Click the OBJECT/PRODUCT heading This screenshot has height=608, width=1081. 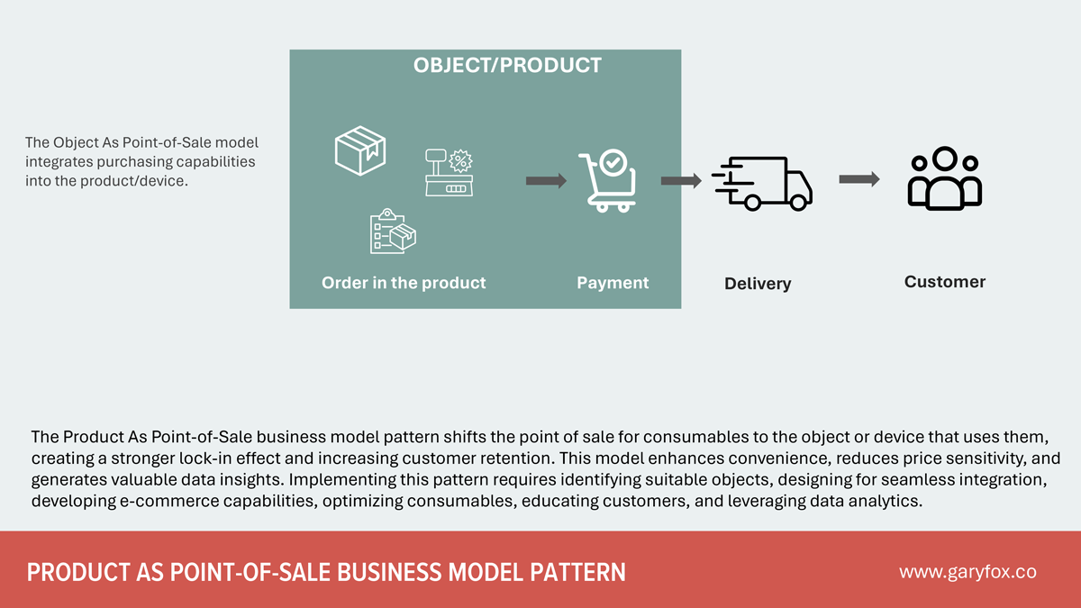[x=507, y=66]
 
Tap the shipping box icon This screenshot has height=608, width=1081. [x=359, y=150]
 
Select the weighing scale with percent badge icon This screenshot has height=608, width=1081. [x=449, y=172]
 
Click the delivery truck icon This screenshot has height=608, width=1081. [x=762, y=183]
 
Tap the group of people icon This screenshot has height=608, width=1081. [x=944, y=178]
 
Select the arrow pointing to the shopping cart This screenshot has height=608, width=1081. [x=546, y=181]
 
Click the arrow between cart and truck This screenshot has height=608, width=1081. [x=681, y=181]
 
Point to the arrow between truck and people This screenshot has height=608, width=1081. [x=858, y=179]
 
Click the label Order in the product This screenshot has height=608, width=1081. [x=404, y=283]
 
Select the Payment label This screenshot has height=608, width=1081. [x=613, y=283]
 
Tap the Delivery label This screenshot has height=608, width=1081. [x=758, y=284]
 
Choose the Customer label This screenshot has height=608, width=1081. [x=944, y=282]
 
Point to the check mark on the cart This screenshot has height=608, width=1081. [x=613, y=163]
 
